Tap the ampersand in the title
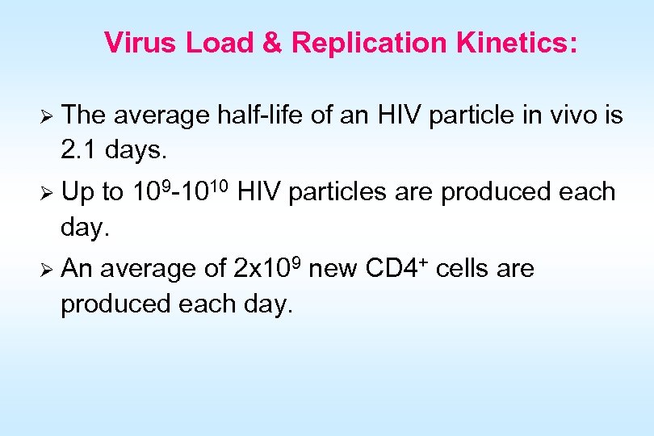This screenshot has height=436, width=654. click(x=272, y=43)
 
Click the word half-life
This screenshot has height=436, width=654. click(x=260, y=116)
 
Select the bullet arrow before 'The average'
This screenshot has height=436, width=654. click(x=46, y=116)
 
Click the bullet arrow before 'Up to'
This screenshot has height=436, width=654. click(x=46, y=193)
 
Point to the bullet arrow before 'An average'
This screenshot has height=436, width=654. click(x=46, y=269)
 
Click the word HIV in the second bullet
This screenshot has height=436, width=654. click(x=260, y=192)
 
